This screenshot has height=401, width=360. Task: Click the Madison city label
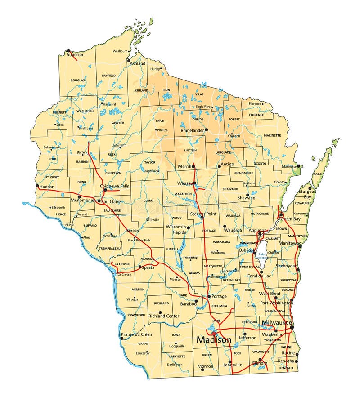(x=214, y=340)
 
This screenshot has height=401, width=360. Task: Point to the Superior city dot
(x=68, y=51)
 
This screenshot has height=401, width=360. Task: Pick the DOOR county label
(x=318, y=174)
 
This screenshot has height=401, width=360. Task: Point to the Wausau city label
(x=185, y=183)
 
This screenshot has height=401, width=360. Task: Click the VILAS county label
(x=199, y=94)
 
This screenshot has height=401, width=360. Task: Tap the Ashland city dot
(x=128, y=60)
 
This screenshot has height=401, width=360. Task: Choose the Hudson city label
(x=47, y=187)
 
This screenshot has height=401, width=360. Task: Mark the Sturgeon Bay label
(x=308, y=194)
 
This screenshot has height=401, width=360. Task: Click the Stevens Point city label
(x=203, y=214)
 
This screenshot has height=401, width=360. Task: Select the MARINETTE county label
(x=272, y=135)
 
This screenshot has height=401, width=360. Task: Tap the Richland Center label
(x=163, y=316)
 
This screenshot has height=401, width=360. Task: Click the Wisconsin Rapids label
(x=176, y=229)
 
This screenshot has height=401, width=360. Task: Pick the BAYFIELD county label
(x=108, y=76)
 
